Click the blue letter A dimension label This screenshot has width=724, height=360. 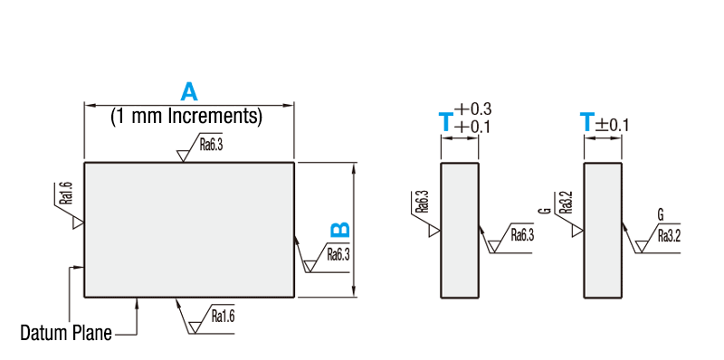click(189, 91)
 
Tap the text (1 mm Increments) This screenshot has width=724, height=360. click(186, 117)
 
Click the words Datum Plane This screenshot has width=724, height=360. click(66, 332)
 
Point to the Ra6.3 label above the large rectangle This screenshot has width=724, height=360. click(211, 146)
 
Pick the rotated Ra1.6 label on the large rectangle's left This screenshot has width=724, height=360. click(67, 193)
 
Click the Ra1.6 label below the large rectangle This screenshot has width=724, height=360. click(223, 317)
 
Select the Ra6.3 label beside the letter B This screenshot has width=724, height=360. click(338, 254)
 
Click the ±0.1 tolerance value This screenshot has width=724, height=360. click(612, 125)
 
